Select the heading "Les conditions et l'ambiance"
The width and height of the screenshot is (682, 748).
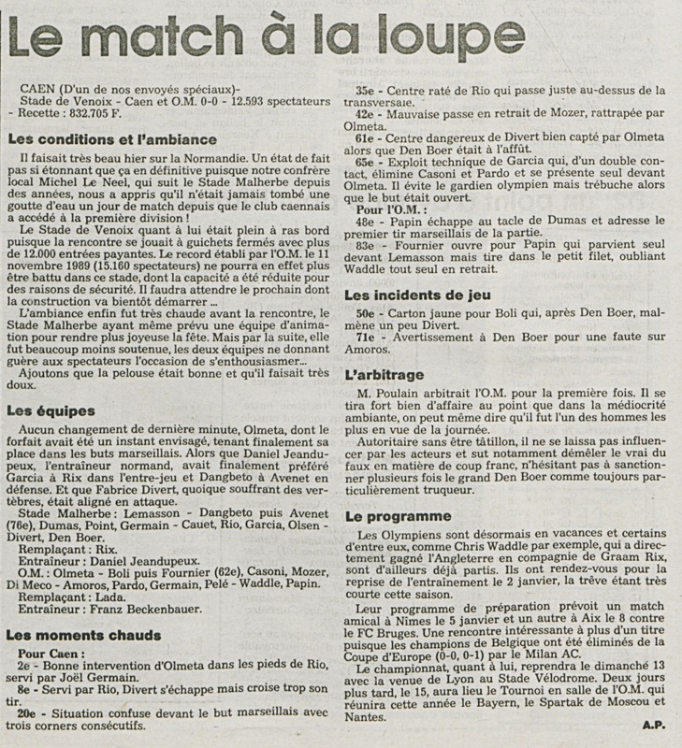111,140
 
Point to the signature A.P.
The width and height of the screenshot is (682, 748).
654,723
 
